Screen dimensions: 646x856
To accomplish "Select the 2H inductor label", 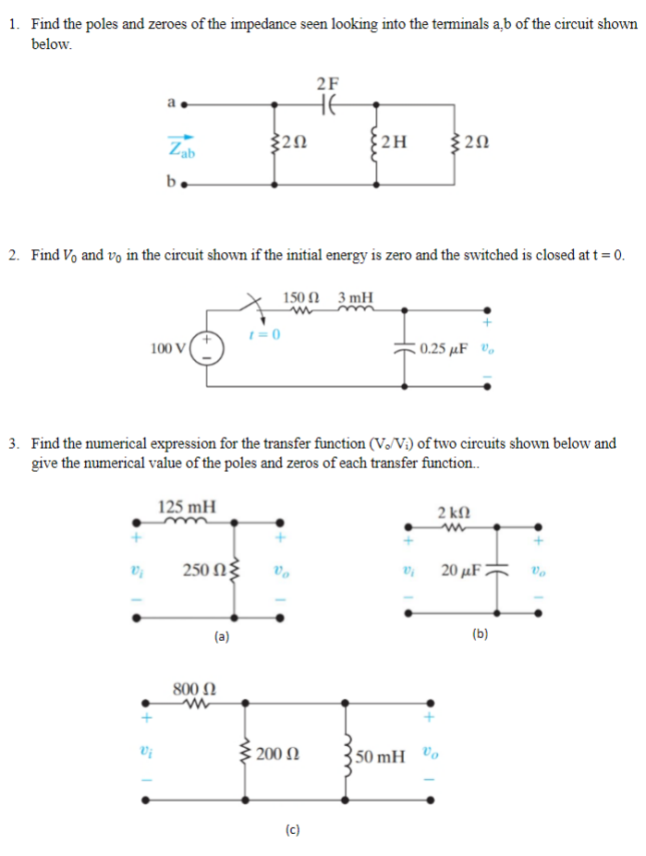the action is coord(394,142).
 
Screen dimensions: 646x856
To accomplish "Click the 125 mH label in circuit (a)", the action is coord(188,507).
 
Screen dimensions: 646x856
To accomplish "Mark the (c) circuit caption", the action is coord(292,829).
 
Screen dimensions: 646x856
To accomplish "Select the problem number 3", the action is coord(15,443).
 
